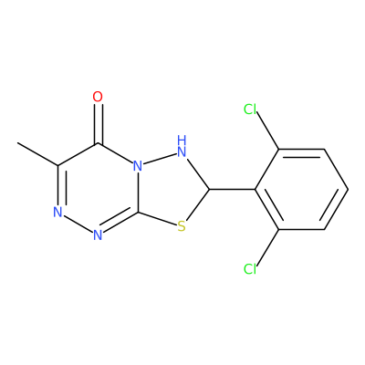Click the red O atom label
pos(98,97)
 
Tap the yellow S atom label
pos(182,226)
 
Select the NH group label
pos(182,146)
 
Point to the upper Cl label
pos(250,109)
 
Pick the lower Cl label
pos(250,269)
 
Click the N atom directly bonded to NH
pos(138,166)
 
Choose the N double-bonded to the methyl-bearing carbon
pos(57,212)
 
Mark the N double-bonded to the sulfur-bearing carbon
pos(98,235)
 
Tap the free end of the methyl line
pos(17,142)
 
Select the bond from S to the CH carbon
pos(198,204)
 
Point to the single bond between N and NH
pos(160,159)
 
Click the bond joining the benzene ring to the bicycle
pos(233,189)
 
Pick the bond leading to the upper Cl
pos(268,130)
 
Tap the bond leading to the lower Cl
pos(268,248)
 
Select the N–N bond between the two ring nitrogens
pos(78,224)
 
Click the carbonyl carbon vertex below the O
pos(98,143)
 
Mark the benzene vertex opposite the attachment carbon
pos(348,189)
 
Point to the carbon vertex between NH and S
pos(210,189)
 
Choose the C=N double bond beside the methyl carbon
pos(60,185)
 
